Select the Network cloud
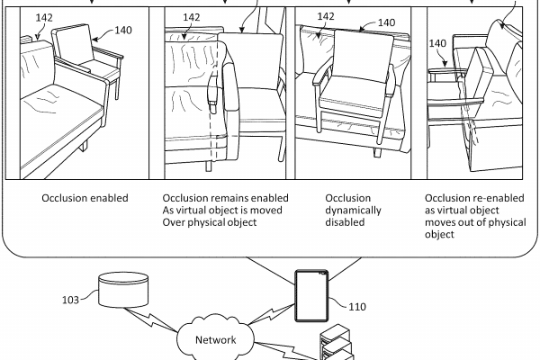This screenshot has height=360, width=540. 211,340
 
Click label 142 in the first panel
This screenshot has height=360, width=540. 44,17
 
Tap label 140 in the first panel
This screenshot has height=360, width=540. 123,30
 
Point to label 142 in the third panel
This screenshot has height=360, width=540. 327,15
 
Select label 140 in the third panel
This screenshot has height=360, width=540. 384,22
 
